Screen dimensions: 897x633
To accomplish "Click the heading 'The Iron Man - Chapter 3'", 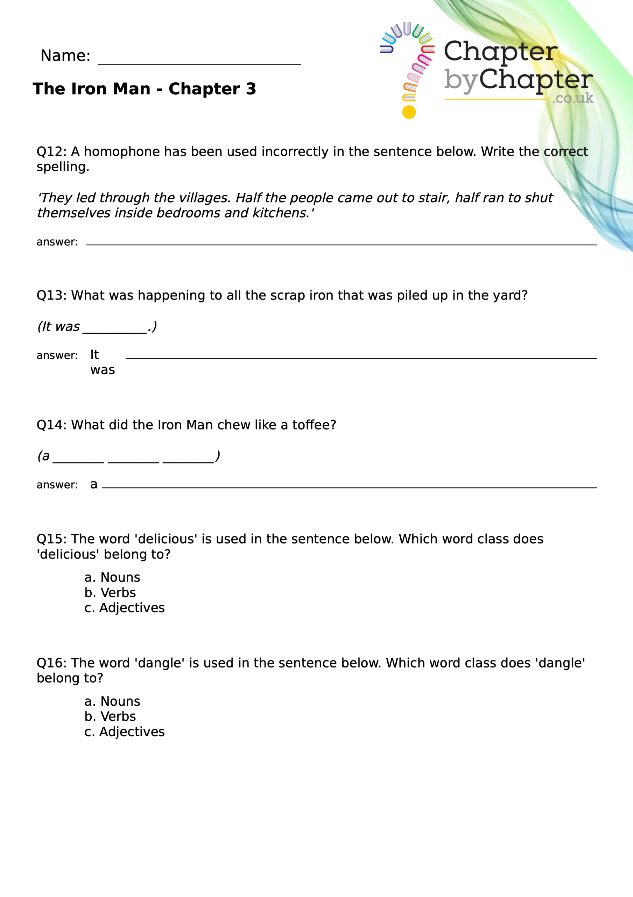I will tap(145, 89).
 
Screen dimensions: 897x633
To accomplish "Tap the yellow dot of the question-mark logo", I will tap(409, 112).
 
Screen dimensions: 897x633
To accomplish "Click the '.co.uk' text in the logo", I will tap(572, 98).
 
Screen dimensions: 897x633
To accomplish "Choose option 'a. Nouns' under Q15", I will tap(112, 577).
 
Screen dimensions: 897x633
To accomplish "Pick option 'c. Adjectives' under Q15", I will tap(125, 608).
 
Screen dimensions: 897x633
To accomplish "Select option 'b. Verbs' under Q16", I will tap(110, 717).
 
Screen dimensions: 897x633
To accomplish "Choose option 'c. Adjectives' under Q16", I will tap(125, 732).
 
